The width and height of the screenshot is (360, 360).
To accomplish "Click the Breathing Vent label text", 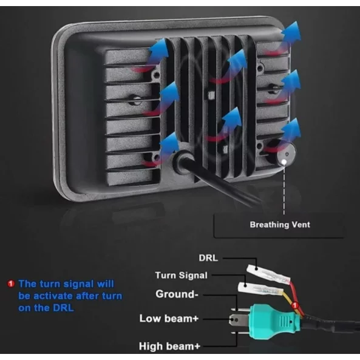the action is pos(280,225).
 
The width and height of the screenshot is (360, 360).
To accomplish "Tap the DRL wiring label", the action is pos(208,258).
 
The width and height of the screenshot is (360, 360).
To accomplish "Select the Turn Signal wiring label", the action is pos(181,275).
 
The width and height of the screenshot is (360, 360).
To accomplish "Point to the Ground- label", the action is pos(177,294).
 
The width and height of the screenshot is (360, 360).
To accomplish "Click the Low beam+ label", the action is pos(169,319).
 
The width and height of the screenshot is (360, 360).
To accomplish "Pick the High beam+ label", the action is pos(169,346).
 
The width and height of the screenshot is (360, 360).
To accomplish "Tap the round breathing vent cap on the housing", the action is pos(285,154).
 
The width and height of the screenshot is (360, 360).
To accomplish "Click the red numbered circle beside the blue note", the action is pos(11,284).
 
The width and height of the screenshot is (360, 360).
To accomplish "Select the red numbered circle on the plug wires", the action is pos(295,305).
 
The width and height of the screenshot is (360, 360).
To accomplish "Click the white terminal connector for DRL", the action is pos(268,273).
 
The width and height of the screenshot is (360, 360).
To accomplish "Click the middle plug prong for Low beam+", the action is pos(239,320).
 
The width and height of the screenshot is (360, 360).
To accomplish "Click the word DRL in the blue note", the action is pos(63,308).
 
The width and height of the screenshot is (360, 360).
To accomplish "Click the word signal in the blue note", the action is pos(78,284).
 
